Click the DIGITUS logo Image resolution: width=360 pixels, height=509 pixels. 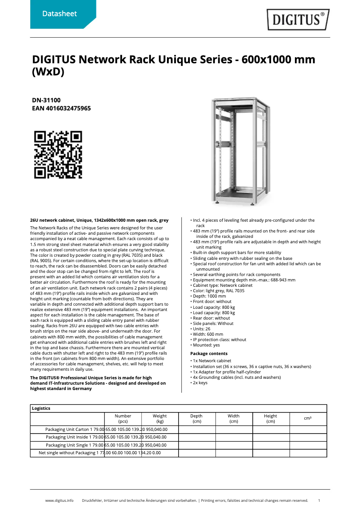298,20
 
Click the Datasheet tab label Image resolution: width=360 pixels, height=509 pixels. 59,14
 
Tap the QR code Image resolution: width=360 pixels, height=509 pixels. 58,154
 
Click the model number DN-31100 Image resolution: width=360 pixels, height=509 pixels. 46,101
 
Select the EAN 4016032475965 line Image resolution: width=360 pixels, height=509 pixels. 61,109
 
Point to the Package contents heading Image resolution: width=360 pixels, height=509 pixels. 209,354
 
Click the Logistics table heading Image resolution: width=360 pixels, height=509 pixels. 41,408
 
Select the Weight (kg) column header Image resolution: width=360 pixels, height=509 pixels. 160,419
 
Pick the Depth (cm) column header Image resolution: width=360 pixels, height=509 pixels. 197,419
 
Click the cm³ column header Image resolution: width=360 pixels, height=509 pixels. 307,418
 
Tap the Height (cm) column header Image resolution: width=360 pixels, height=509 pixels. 270,419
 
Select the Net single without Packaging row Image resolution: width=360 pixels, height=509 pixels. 67,453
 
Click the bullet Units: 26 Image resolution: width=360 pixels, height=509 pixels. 202,329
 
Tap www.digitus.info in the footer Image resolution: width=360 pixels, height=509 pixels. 59,500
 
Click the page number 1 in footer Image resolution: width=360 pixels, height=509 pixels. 319,500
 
